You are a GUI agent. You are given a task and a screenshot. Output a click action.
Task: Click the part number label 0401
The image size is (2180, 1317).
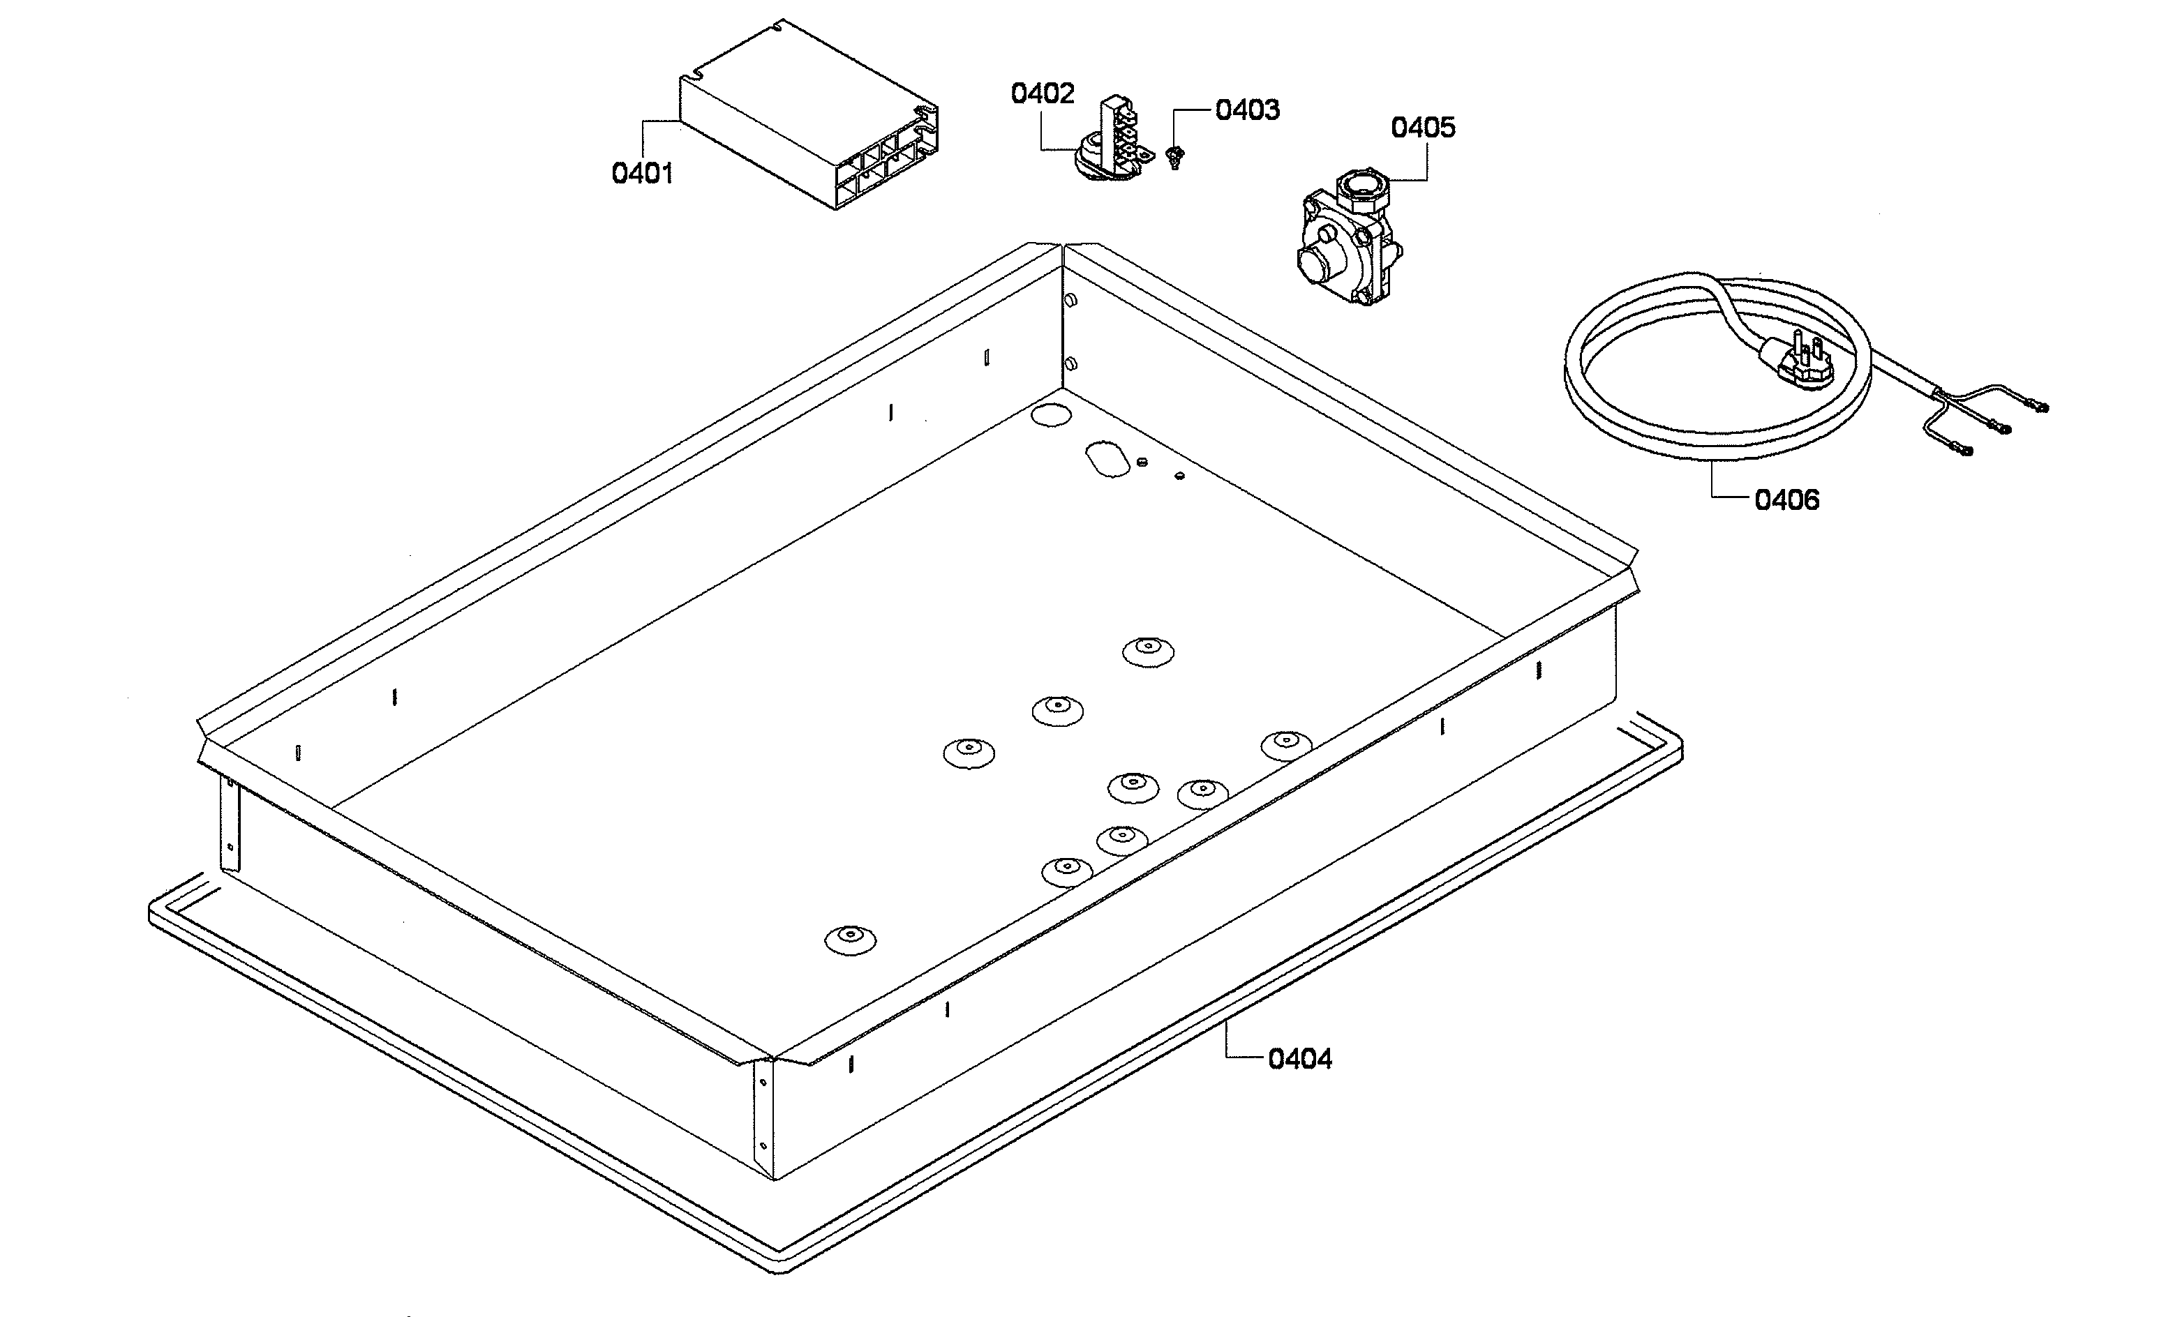point(642,174)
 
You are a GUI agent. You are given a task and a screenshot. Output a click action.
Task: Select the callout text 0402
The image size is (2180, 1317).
point(1043,93)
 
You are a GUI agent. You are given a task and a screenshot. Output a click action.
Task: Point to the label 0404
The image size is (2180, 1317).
point(1299,1059)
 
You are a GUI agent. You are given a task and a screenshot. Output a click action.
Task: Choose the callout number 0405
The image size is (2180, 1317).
point(1423,128)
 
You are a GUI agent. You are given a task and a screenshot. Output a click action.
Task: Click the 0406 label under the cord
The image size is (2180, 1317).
point(1786,501)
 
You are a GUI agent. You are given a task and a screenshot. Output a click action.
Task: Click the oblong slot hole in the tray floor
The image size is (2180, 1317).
point(1107,459)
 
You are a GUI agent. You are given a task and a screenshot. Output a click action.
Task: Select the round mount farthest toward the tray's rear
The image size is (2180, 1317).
point(1149,652)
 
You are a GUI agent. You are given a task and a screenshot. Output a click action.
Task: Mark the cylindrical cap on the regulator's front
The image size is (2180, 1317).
point(1315,263)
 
